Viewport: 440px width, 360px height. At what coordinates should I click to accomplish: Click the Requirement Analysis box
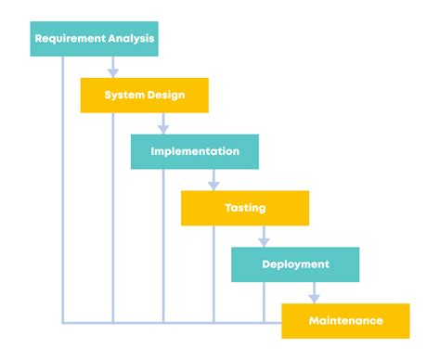coord(94,39)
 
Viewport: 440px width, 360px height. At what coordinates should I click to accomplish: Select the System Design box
coord(144,96)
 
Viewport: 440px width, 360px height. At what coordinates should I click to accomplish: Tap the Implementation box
coord(194,151)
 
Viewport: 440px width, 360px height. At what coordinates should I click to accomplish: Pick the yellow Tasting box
coord(244,208)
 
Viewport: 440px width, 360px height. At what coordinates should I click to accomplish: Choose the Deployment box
coord(294,264)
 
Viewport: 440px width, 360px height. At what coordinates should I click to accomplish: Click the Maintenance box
coord(344,321)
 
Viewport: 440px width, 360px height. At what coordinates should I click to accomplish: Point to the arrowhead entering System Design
coord(113,71)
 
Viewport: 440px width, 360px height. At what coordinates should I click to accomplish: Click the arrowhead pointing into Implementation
coord(163,128)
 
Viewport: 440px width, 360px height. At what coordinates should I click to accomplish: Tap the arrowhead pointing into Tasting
coord(214,185)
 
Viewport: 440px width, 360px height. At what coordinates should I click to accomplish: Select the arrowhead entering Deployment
coord(264,241)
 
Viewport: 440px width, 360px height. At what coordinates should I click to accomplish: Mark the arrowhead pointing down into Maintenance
coord(314,298)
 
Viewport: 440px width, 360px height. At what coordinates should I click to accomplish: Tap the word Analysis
coord(132,39)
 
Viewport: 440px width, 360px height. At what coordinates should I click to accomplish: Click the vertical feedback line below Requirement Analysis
coord(63,186)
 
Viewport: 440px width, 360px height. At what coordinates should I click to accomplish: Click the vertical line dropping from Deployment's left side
coord(264,302)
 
